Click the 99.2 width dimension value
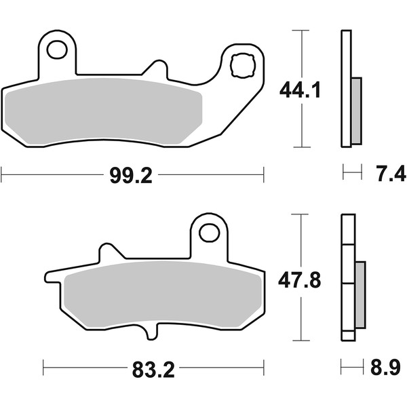click(x=131, y=176)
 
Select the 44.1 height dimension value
click(x=300, y=90)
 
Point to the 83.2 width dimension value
click(x=153, y=370)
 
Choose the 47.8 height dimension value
click(x=299, y=280)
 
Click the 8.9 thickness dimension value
click(x=385, y=367)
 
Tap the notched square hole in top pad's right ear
click(x=243, y=65)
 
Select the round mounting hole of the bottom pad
click(x=210, y=233)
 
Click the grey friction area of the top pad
click(x=103, y=111)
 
